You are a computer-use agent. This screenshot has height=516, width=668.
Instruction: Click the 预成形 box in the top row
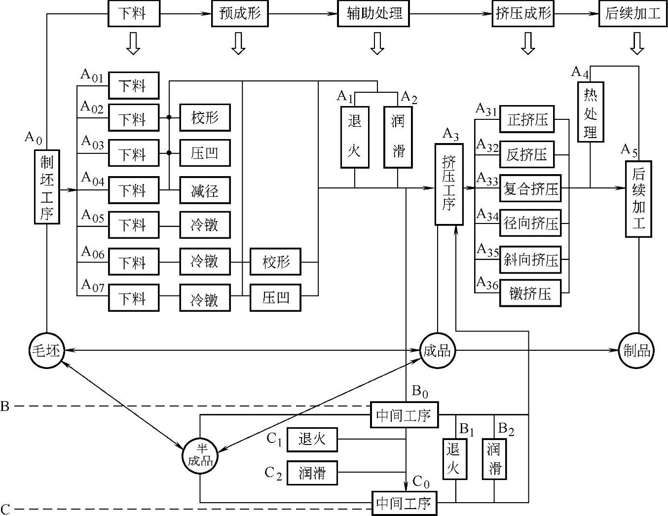(x=240, y=13)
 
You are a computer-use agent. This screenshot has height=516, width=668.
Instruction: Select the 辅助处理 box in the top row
(x=374, y=13)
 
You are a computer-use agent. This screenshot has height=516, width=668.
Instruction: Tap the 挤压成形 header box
(x=523, y=13)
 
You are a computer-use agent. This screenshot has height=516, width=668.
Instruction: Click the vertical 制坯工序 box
(x=47, y=187)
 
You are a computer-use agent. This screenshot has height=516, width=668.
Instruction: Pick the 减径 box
(x=205, y=190)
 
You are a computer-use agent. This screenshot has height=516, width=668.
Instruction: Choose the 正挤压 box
(x=527, y=119)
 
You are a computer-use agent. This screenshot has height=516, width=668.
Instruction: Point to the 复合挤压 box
(x=530, y=188)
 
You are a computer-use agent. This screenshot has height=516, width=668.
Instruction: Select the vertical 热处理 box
(x=591, y=112)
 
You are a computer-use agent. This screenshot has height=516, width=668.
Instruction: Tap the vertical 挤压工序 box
(x=449, y=184)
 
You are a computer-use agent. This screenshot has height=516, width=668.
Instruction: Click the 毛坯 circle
(x=46, y=351)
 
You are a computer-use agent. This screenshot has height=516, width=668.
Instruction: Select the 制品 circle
(x=636, y=351)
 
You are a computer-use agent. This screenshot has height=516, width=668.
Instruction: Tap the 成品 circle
(x=437, y=351)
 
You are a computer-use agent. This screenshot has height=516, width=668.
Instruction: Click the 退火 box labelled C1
(x=312, y=439)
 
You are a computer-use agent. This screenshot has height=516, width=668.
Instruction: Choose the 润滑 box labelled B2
(x=494, y=459)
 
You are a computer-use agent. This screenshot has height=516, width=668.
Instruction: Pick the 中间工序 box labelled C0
(x=404, y=503)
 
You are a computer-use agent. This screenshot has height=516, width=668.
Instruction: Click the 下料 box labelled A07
(x=134, y=297)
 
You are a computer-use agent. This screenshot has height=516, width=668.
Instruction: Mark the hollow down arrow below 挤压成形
(x=528, y=44)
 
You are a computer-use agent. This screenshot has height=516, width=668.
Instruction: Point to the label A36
(x=487, y=283)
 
